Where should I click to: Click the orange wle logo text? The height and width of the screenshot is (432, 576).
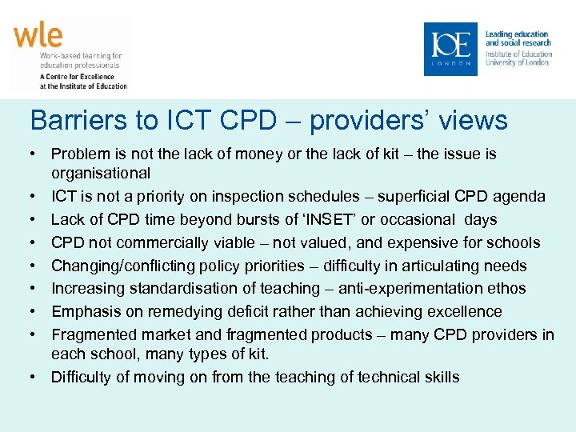tap(38, 37)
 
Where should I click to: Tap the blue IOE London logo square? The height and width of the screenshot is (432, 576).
tap(450, 49)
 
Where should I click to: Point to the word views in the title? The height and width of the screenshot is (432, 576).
tap(473, 120)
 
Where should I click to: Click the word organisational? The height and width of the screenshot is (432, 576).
tap(101, 173)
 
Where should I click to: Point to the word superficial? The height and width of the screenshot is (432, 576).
tap(414, 196)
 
